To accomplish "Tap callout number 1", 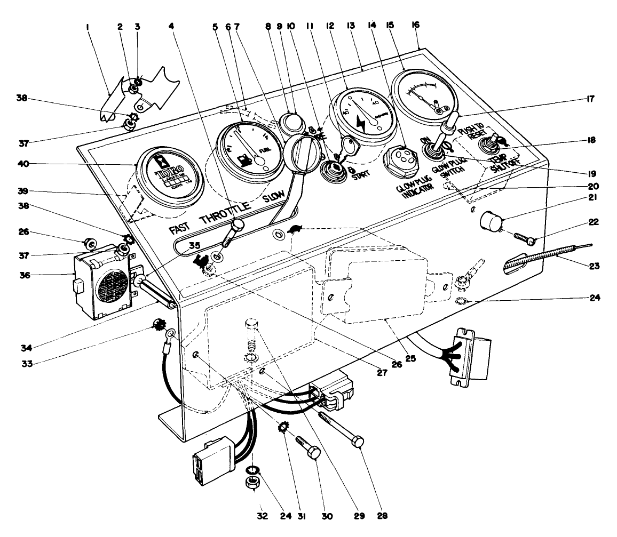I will point(88,25).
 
